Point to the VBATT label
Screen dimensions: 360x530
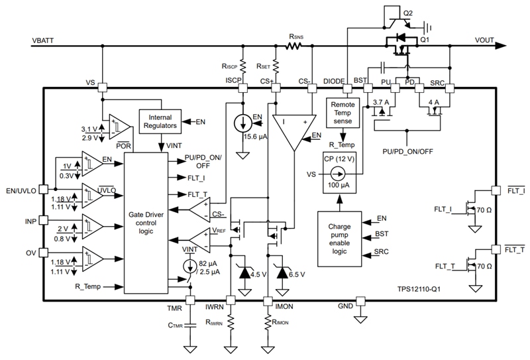click(x=44, y=40)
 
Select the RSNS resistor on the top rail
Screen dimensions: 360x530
click(x=293, y=46)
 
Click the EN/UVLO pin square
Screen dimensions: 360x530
click(x=44, y=189)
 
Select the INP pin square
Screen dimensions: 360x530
click(x=44, y=219)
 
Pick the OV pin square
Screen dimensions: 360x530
click(x=44, y=252)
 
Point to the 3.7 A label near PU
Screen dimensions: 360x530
click(x=380, y=102)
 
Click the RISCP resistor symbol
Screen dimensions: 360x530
click(x=243, y=66)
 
